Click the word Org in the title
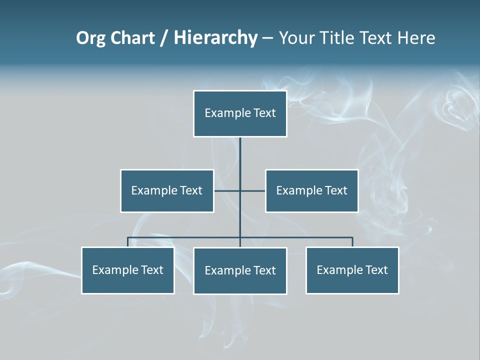coord(91,38)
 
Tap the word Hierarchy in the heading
coord(215,38)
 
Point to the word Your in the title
coord(295,38)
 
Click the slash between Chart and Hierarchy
coord(164,38)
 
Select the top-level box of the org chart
coord(240,113)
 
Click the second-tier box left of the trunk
coord(167,190)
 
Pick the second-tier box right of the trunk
coord(311,190)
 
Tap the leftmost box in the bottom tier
coord(128,270)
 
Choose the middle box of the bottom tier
coord(240,270)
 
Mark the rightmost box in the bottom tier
coord(352,270)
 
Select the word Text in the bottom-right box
coord(376,270)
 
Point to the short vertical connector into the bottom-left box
coord(127,242)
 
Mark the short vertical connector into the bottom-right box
coord(352,242)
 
